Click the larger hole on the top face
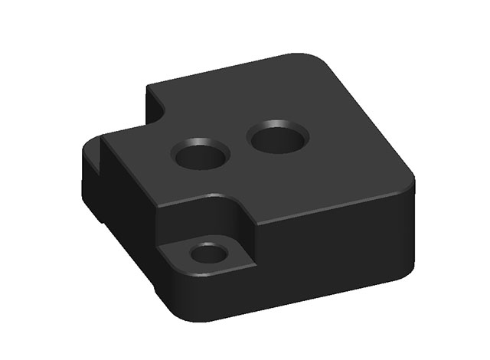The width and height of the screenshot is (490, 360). click(278, 139)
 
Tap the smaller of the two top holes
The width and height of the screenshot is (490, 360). click(201, 157)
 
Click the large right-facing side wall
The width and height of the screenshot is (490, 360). click(337, 245)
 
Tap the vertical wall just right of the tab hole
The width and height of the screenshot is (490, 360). click(245, 230)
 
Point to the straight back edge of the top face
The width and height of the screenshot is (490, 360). click(222, 70)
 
